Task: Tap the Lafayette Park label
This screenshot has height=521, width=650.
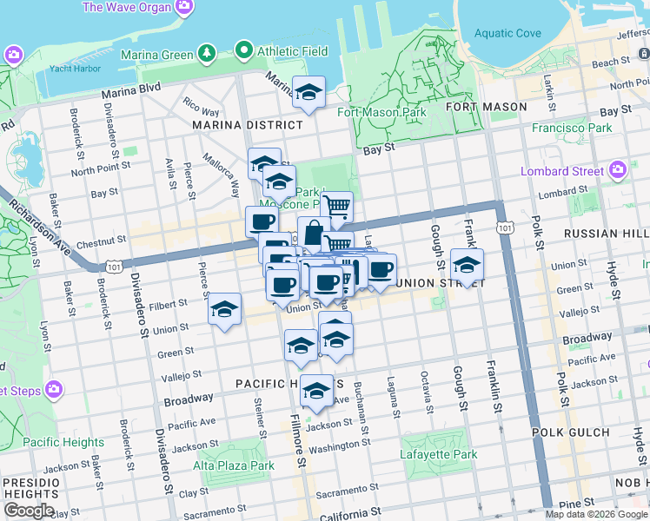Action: click(439, 454)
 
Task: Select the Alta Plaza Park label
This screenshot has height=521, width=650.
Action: click(234, 466)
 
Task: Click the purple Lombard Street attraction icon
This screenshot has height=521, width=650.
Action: click(618, 169)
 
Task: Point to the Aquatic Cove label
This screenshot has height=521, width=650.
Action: click(507, 34)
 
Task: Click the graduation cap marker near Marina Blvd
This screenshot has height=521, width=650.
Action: click(308, 93)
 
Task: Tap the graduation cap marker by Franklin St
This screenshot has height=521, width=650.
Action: click(467, 264)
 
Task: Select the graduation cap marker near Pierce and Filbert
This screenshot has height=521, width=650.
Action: click(224, 308)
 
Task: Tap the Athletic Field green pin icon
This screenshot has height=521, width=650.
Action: click(244, 51)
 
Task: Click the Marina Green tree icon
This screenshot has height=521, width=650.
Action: click(207, 55)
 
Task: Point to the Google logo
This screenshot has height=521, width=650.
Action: click(29, 511)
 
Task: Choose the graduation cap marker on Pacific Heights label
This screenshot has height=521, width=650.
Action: click(316, 390)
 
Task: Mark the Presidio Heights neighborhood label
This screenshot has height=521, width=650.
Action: click(28, 488)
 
